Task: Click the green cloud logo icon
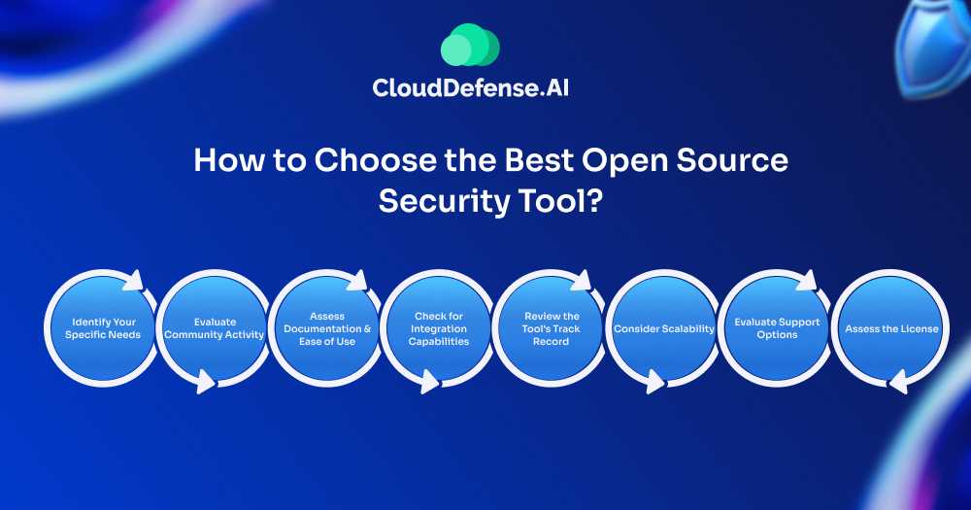[470, 45]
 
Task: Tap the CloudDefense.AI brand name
[471, 87]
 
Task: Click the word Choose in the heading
[375, 160]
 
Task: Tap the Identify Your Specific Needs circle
[103, 328]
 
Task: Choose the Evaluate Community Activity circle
[215, 328]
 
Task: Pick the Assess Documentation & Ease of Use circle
[327, 328]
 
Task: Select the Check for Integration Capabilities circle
[439, 328]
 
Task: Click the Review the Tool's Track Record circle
[551, 328]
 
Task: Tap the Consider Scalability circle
[664, 328]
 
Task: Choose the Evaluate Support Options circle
[777, 328]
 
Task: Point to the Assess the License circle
[891, 328]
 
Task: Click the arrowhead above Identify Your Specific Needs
[134, 281]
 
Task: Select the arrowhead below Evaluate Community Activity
[206, 381]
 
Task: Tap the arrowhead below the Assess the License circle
[898, 381]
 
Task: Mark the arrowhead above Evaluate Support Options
[807, 281]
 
